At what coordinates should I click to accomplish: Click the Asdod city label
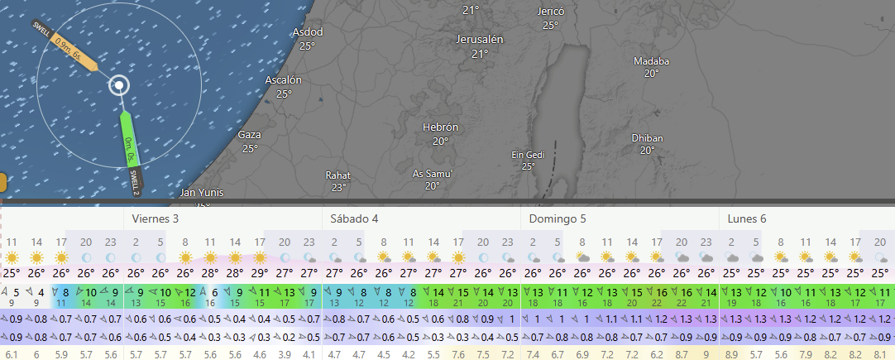click(308, 32)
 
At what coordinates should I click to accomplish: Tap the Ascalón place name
click(283, 80)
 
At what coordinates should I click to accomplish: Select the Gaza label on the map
click(249, 135)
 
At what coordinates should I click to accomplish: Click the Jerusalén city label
click(480, 40)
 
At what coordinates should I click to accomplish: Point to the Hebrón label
click(440, 127)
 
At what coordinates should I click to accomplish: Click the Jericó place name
click(550, 12)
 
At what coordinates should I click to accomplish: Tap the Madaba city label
click(651, 61)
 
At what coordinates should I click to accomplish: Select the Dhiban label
click(647, 137)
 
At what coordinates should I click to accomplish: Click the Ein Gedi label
click(528, 155)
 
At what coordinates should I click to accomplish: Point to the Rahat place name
click(338, 175)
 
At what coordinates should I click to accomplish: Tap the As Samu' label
click(432, 174)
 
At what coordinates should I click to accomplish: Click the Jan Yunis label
click(202, 193)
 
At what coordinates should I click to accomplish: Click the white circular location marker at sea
click(120, 85)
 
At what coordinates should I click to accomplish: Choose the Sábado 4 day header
click(354, 218)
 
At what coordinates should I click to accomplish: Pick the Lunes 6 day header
click(747, 218)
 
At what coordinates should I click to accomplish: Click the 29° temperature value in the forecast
click(260, 273)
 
